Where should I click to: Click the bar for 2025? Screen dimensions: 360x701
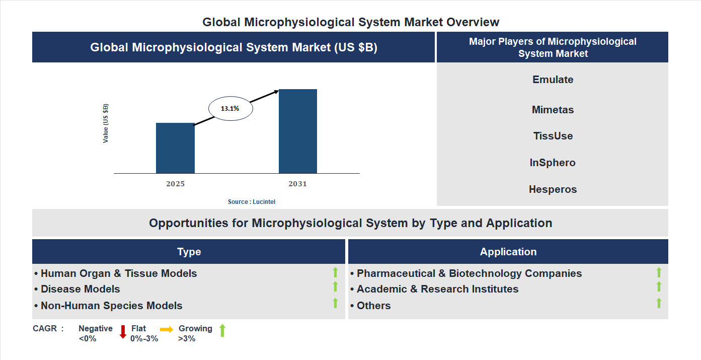pos(175,148)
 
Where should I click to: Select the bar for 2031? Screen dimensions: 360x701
pos(298,131)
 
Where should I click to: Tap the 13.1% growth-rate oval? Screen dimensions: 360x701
pos(230,108)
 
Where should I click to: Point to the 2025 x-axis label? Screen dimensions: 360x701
pos(175,184)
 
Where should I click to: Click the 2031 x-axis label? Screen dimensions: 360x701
pos(297,184)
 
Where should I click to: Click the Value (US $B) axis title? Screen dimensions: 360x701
pos(106,123)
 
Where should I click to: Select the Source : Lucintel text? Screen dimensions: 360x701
pos(252,201)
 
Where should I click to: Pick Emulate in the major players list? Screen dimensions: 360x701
pos(553,80)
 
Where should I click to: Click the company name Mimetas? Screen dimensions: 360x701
pos(553,110)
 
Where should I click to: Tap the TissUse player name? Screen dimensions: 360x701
pos(553,136)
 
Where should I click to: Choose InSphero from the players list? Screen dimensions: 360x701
pos(553,163)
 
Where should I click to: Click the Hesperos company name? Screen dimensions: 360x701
pos(553,189)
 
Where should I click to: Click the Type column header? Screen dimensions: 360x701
pos(189,252)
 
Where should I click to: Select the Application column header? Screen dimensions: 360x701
pos(508,252)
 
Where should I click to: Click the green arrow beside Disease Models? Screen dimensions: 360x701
pos(335,286)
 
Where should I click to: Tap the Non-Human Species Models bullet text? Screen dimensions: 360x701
pos(111,306)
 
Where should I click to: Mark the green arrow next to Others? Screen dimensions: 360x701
pos(659,303)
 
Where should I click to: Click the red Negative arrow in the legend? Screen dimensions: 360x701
pos(123,332)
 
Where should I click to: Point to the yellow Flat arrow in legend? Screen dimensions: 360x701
pos(167,329)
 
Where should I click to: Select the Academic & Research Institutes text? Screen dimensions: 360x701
pos(437,289)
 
